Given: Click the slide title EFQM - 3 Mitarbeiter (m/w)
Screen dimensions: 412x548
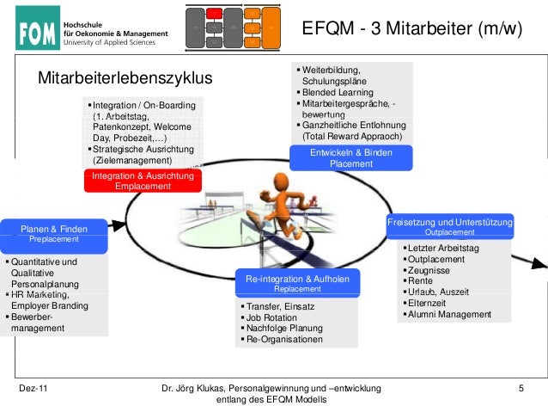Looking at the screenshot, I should click(411, 30).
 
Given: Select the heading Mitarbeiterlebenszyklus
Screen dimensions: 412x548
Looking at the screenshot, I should click(124, 80).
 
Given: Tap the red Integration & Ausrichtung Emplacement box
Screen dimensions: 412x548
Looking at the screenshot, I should click(143, 181).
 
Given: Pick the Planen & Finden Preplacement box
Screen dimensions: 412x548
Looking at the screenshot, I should click(54, 232).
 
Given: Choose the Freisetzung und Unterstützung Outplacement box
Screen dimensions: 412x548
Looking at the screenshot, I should click(450, 226).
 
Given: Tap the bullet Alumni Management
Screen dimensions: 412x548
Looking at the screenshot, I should click(449, 314).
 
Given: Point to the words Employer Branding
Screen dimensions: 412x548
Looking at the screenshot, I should click(50, 305).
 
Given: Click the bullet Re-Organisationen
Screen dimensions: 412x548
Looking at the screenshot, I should click(284, 339).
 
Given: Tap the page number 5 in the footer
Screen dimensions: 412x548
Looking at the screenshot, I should click(521, 390).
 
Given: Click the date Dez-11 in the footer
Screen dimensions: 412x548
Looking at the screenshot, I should click(33, 390).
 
